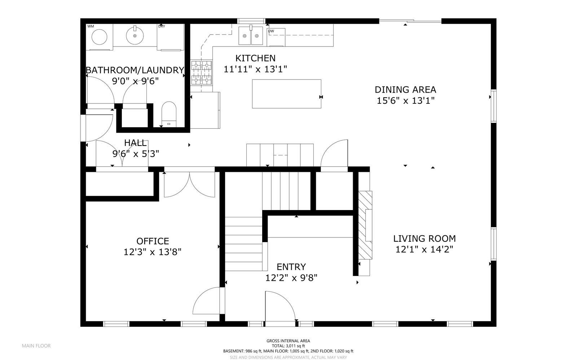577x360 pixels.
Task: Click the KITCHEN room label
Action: pos(255,58)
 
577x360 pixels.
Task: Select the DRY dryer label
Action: pos(162,26)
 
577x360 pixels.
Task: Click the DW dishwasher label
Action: pos(271,31)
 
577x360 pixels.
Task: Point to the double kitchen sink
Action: pos(251,36)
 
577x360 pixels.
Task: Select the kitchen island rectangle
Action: pos(286,94)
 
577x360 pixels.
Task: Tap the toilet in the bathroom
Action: pos(168,114)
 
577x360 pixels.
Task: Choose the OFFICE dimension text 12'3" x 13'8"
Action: pos(152,252)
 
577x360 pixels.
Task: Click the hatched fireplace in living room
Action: pos(365,225)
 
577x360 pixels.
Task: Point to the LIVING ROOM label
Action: pos(424,239)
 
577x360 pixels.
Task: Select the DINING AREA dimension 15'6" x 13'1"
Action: pos(405,101)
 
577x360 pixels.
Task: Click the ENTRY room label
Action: pos(291,267)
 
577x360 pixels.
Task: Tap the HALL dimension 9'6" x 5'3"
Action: pos(136,154)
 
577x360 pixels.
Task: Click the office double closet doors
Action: pos(190,184)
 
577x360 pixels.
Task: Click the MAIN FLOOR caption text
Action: pos(36,346)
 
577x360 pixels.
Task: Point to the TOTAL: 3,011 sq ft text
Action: pos(288,346)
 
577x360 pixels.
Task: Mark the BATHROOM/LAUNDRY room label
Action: pos(135,70)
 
